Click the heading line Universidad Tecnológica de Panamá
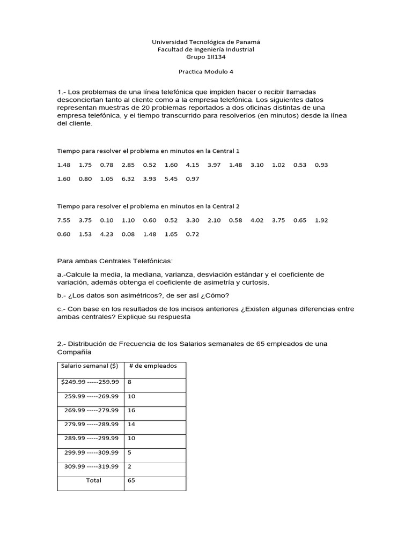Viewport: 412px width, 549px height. coord(206,41)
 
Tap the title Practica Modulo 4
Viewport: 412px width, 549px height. coord(205,72)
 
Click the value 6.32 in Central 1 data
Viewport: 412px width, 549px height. coord(128,179)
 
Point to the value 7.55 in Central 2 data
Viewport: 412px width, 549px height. coord(63,220)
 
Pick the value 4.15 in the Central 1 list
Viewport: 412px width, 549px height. coord(193,165)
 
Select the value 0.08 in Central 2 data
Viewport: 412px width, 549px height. coord(128,234)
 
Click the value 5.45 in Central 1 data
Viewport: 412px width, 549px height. coord(171,179)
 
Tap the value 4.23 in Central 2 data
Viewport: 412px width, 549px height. coord(107,234)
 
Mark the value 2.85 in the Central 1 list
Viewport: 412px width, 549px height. coord(128,165)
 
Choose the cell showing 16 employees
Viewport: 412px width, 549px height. coord(131,410)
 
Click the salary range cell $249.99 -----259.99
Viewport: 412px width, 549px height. coord(90,382)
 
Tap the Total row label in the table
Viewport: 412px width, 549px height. coord(93,480)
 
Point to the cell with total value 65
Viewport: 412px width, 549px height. coord(131,480)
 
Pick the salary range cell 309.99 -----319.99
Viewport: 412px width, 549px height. coord(91,466)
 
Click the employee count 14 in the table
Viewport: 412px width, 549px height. coord(131,424)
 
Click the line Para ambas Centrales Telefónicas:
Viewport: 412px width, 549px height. coord(115,261)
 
